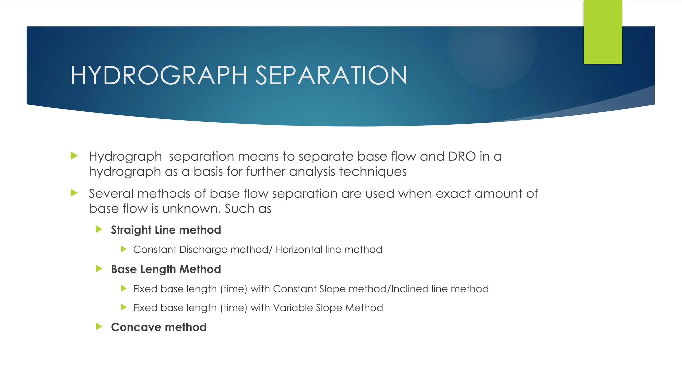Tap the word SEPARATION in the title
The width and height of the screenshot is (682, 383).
(x=331, y=75)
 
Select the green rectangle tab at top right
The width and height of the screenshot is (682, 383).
(x=603, y=32)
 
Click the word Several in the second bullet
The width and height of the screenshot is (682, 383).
(x=111, y=193)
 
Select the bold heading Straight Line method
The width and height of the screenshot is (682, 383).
(x=166, y=230)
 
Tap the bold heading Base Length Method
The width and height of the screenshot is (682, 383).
(x=166, y=269)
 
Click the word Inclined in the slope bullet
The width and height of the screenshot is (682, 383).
(x=409, y=289)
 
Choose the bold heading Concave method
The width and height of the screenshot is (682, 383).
(x=159, y=327)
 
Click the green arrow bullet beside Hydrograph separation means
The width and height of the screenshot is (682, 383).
(x=74, y=156)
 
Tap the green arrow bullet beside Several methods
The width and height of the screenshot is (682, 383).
(x=74, y=193)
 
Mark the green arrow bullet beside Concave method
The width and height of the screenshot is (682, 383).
(x=99, y=326)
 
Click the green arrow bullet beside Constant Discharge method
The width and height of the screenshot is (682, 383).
(x=124, y=249)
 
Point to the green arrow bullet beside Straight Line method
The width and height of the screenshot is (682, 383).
(x=99, y=229)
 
